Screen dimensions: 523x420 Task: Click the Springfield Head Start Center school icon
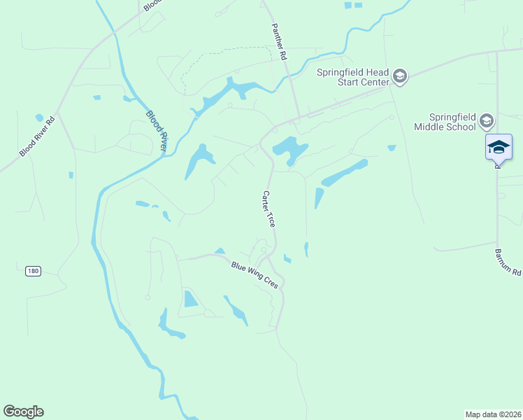tap(399, 76)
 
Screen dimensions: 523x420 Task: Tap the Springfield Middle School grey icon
tap(487, 122)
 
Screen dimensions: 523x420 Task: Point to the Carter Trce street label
tap(268, 209)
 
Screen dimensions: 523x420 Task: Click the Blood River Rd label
tap(37, 136)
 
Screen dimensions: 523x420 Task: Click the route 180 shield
tap(32, 270)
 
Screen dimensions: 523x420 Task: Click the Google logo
tap(23, 412)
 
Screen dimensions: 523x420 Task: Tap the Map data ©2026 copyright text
tap(493, 414)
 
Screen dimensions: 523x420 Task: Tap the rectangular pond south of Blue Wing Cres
tap(190, 299)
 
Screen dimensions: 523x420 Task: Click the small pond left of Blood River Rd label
tap(39, 118)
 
